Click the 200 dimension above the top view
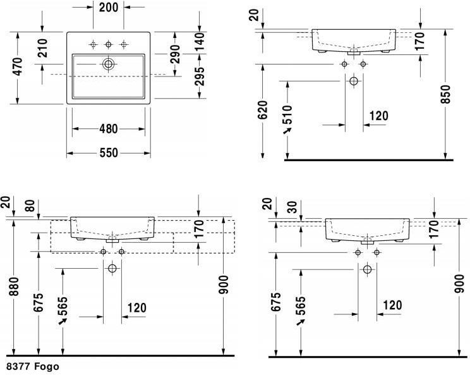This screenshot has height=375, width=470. click(x=109, y=8)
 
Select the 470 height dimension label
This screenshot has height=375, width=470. click(x=18, y=66)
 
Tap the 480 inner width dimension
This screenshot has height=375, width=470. click(x=109, y=129)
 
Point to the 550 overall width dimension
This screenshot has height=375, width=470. click(x=109, y=153)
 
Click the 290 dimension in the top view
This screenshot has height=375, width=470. click(x=175, y=54)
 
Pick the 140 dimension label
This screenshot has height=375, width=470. click(x=200, y=41)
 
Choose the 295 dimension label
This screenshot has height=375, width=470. click(x=200, y=76)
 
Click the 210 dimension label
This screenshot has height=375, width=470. click(x=42, y=48)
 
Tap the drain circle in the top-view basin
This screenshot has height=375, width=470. click(x=108, y=65)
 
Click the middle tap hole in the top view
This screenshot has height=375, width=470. click(x=108, y=45)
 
